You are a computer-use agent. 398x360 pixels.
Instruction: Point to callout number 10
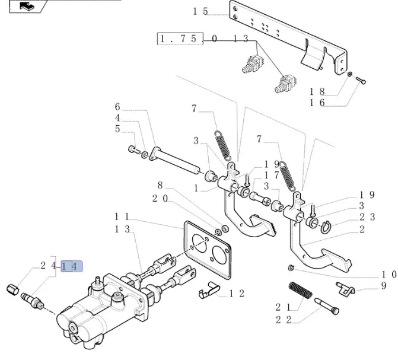[388, 274]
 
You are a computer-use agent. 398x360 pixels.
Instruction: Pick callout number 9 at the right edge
[384, 286]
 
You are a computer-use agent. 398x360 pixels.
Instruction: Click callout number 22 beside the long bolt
[284, 320]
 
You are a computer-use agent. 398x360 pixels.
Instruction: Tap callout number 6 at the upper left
[117, 107]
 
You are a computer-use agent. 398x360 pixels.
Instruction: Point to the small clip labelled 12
[208, 291]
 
